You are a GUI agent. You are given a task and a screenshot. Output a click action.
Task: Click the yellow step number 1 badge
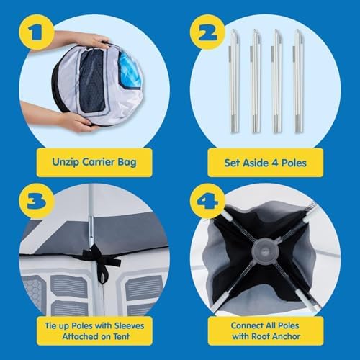pyautogui.click(x=37, y=32)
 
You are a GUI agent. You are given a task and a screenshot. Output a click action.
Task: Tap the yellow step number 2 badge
pyautogui.click(x=207, y=32)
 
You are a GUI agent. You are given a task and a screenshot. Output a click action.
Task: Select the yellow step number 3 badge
pyautogui.click(x=37, y=201)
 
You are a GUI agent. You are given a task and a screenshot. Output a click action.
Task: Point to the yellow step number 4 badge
pyautogui.click(x=207, y=201)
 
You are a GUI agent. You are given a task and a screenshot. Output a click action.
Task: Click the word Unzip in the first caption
pyautogui.click(x=66, y=162)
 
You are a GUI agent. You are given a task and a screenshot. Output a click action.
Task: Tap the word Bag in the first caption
pyautogui.click(x=127, y=162)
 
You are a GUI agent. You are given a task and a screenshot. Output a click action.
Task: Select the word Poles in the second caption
pyautogui.click(x=294, y=163)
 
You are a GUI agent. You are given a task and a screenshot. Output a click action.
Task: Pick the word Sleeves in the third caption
pyautogui.click(x=129, y=325)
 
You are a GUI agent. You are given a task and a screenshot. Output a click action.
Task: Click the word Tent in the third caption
pyautogui.click(x=122, y=336)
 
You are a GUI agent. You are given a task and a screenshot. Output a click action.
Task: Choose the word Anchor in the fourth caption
pyautogui.click(x=286, y=336)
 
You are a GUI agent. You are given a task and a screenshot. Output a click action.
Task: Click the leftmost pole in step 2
pyautogui.click(x=235, y=81)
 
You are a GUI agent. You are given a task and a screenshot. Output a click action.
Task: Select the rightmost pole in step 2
pyautogui.click(x=299, y=81)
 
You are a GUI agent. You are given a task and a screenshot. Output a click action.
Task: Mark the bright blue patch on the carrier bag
pyautogui.click(x=127, y=71)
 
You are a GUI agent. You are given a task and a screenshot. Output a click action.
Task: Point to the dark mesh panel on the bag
pyautogui.click(x=92, y=81)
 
